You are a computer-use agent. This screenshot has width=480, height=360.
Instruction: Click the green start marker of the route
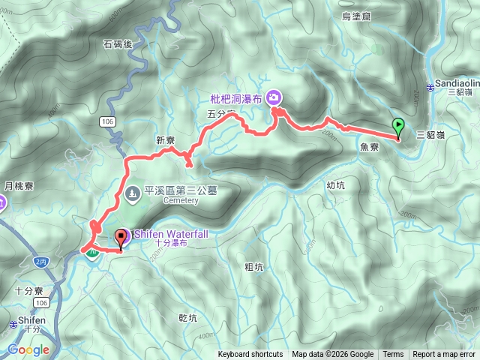pyautogui.click(x=398, y=127)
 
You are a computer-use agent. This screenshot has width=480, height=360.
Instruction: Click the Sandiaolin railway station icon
pyautogui.click(x=430, y=88)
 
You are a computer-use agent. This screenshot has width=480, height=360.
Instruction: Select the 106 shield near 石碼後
pyautogui.click(x=110, y=121)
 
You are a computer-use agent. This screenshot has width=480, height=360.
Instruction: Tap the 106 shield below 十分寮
pyautogui.click(x=42, y=302)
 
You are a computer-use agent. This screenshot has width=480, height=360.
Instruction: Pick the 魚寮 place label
pyautogui.click(x=368, y=148)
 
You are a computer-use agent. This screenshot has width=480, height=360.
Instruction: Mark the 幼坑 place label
pyautogui.click(x=336, y=184)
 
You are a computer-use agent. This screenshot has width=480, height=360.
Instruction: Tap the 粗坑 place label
pyautogui.click(x=254, y=266)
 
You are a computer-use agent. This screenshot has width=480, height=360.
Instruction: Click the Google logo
pyautogui.click(x=28, y=349)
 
